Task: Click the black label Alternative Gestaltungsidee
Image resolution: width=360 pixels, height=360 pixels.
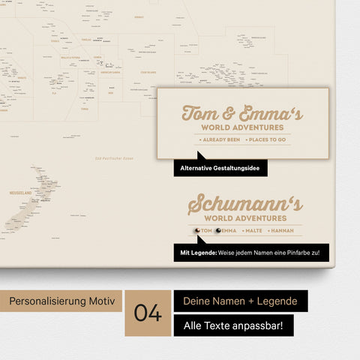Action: [x=220, y=168]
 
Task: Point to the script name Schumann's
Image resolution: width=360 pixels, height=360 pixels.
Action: [x=244, y=203]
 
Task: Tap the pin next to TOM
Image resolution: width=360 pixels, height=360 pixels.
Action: [x=196, y=230]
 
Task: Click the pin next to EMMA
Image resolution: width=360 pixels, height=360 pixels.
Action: [x=218, y=230]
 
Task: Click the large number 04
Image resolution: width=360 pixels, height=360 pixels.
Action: [x=148, y=313]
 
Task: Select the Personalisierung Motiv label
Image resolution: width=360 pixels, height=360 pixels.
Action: [x=61, y=301]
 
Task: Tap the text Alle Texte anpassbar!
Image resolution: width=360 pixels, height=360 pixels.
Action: [x=232, y=325]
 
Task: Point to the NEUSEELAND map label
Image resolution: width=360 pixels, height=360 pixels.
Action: [x=21, y=192]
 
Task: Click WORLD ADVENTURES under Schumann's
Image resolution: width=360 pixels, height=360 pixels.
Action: [x=244, y=218]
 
